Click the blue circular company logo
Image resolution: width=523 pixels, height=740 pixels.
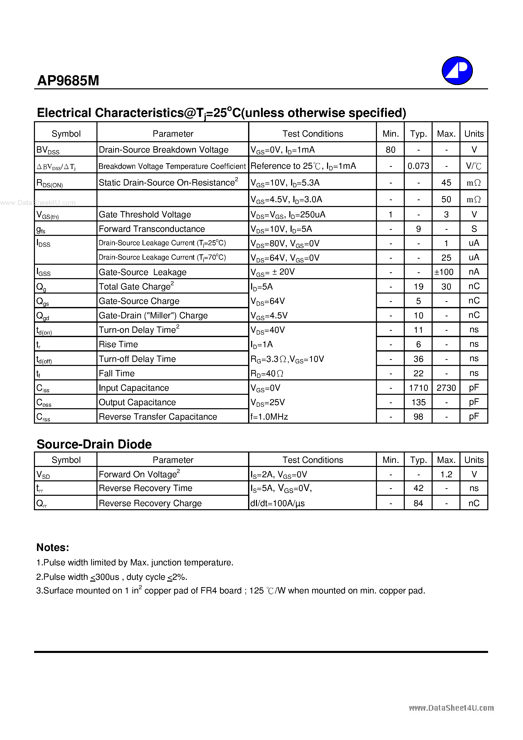457,71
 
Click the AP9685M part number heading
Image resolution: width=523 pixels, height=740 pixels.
68,80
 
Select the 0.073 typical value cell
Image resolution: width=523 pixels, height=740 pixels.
418,166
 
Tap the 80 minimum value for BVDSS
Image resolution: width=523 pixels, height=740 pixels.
390,150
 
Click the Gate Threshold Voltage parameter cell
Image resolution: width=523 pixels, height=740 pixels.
145,215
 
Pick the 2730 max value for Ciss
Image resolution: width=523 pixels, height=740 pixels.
446,388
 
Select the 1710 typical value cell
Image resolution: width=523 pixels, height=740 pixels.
418,388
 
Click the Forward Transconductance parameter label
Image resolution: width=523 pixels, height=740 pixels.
152,229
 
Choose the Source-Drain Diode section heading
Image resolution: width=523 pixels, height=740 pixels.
94,444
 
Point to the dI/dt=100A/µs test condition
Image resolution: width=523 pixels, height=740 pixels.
278,503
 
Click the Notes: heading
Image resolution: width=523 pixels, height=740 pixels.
53,547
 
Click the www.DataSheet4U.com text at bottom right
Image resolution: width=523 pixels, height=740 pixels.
451,708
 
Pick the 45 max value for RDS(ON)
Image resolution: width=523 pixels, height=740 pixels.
446,183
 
